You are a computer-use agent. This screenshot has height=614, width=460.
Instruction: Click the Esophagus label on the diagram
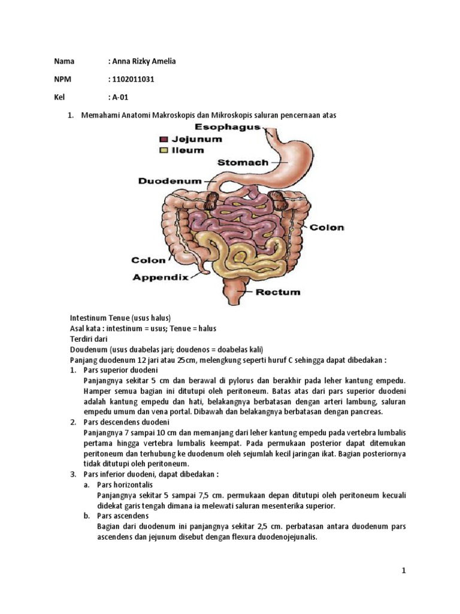tap(228, 127)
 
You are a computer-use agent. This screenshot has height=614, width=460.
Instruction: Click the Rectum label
tap(278, 293)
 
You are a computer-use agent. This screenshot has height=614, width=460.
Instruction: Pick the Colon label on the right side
tap(327, 227)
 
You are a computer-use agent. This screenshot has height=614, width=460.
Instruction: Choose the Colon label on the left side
tap(148, 260)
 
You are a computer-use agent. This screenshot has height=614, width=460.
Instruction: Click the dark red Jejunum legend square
tap(164, 139)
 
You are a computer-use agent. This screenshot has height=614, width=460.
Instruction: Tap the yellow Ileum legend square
tap(164, 151)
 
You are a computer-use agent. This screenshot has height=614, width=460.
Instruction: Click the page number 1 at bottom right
tap(404, 571)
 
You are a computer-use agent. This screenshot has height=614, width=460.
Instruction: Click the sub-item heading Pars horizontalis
tap(125, 484)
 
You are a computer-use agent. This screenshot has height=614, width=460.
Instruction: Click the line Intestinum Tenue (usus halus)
tap(121, 318)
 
